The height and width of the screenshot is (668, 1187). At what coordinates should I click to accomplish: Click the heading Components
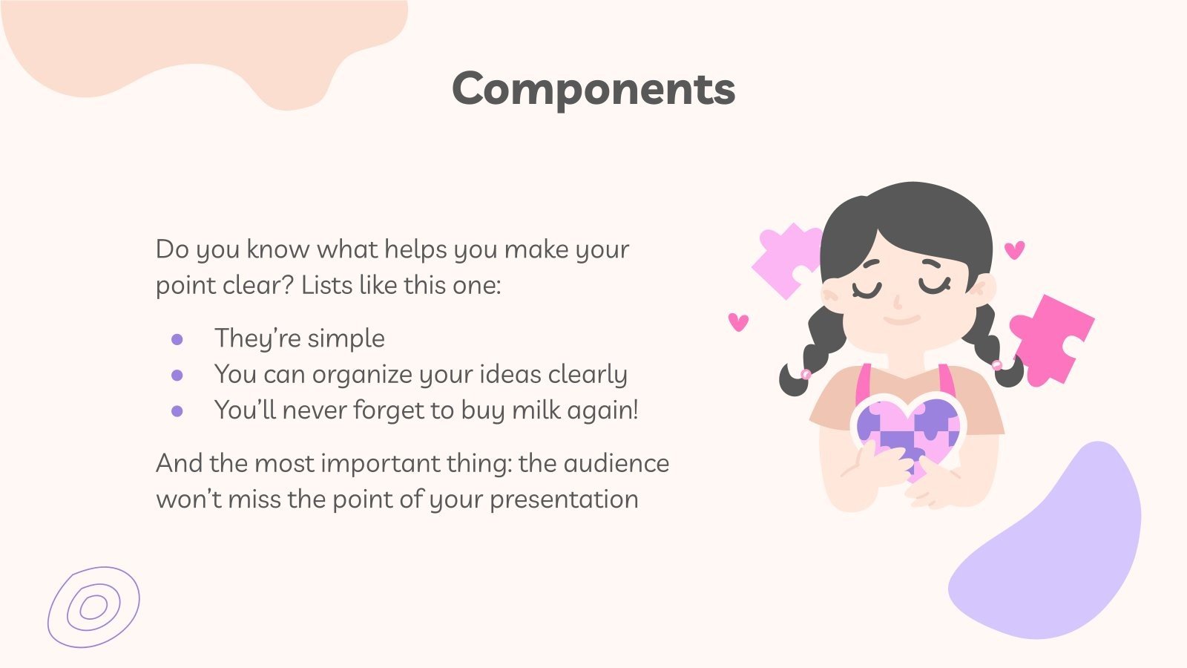pyautogui.click(x=593, y=89)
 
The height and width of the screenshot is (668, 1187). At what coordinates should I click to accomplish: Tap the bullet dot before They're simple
pyautogui.click(x=177, y=340)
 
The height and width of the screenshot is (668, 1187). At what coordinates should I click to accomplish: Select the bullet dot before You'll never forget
pyautogui.click(x=177, y=411)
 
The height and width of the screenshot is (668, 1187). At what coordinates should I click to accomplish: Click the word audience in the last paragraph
pyautogui.click(x=616, y=463)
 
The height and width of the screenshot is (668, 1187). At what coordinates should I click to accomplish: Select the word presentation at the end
pyautogui.click(x=564, y=500)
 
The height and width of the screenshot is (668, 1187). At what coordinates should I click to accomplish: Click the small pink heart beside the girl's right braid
pyautogui.click(x=1014, y=249)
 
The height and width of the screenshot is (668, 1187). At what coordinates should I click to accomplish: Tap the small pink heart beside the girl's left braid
pyautogui.click(x=738, y=321)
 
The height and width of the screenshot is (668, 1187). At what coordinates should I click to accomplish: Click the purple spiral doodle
pyautogui.click(x=93, y=607)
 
